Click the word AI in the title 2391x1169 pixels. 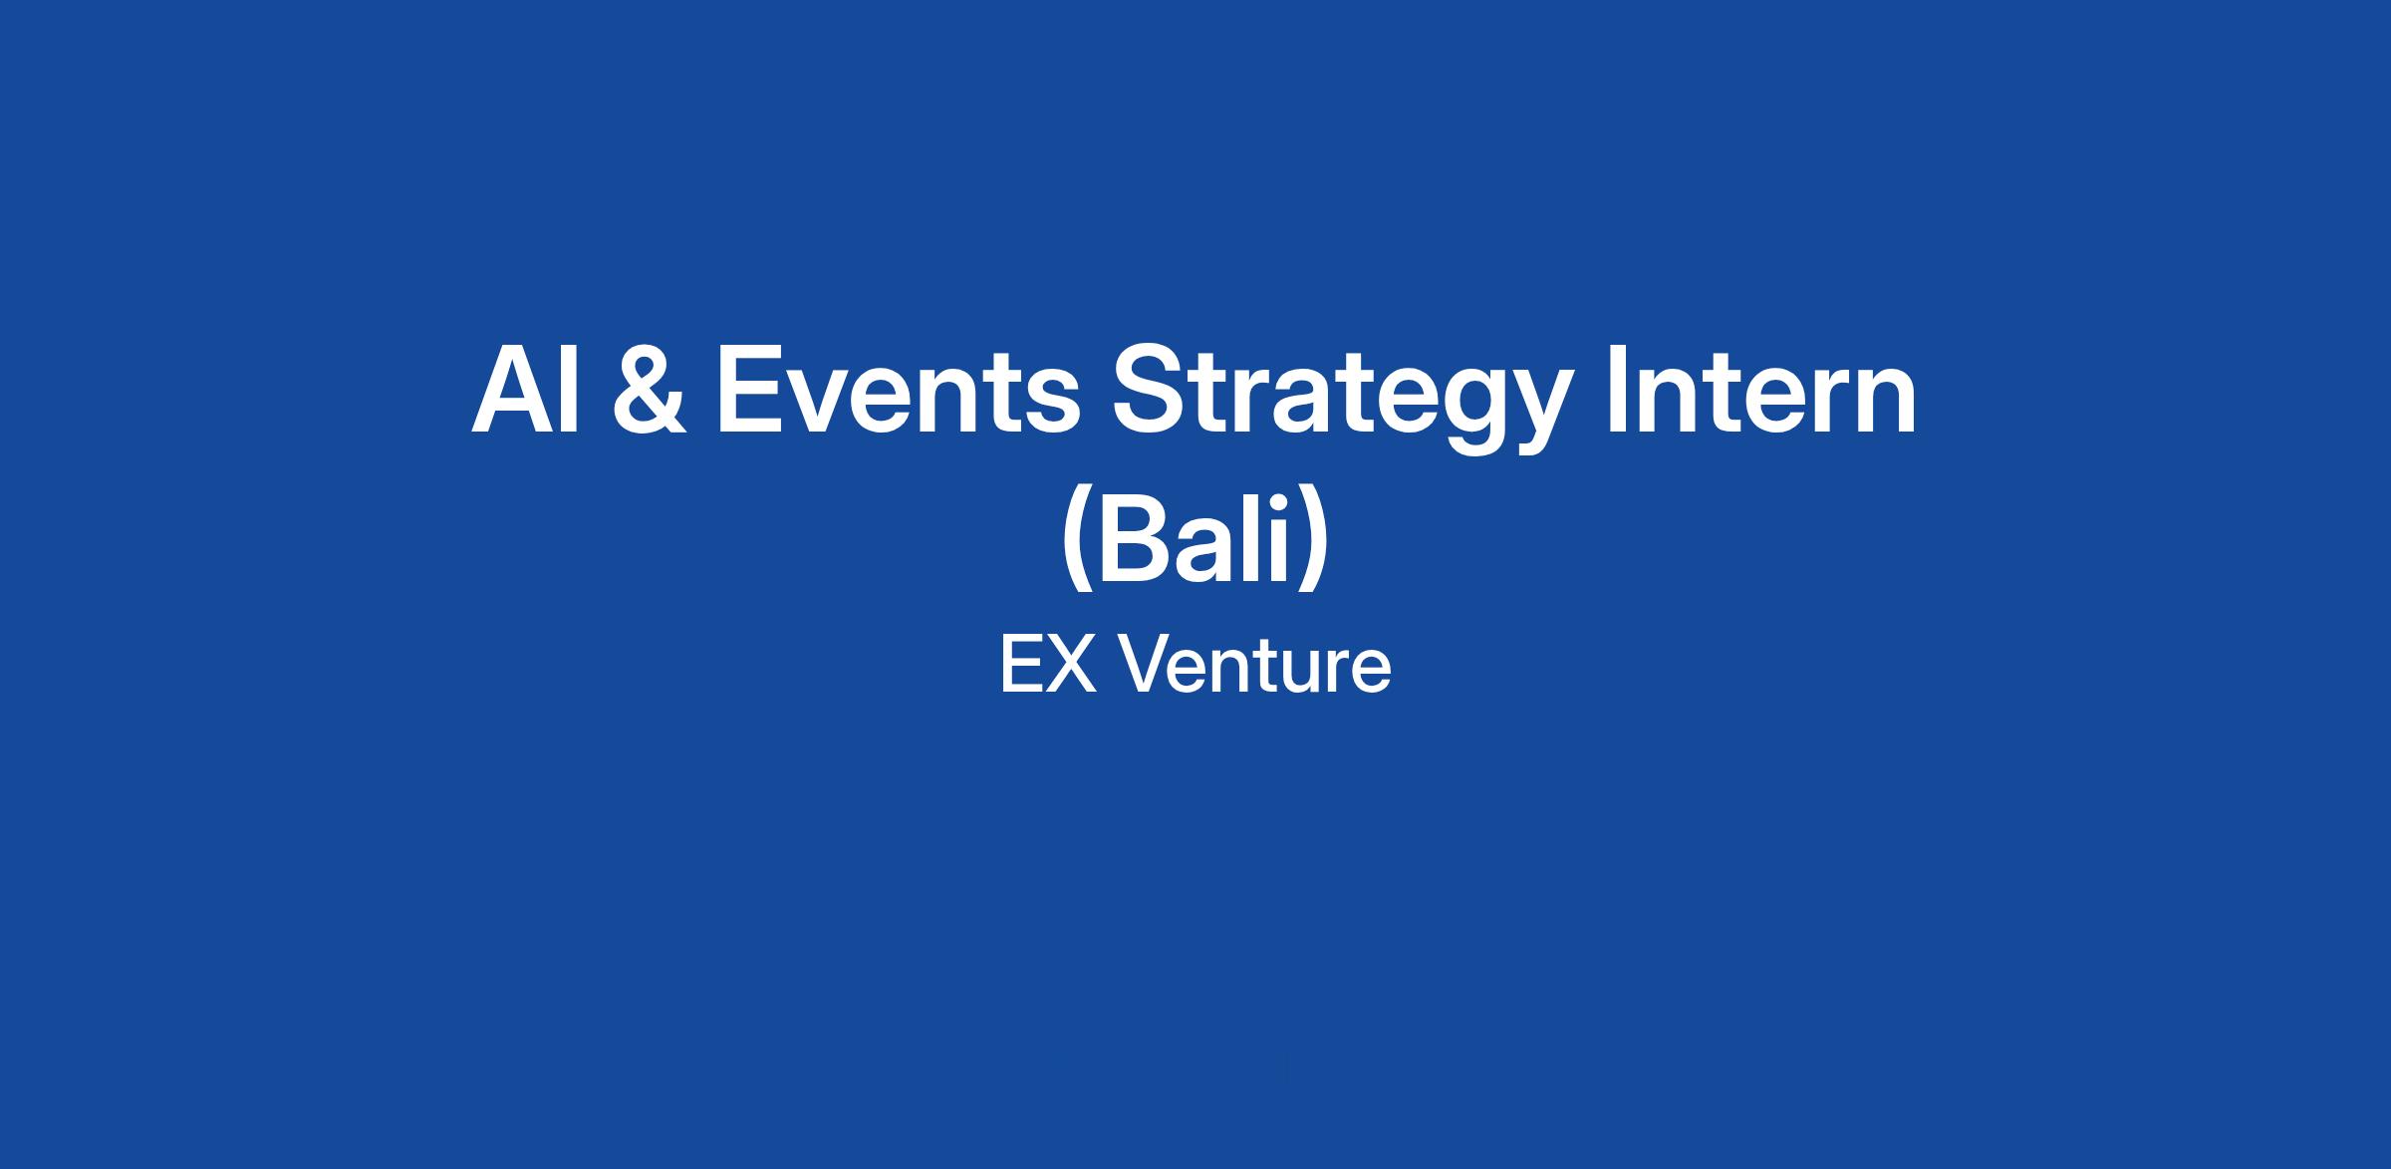coord(525,391)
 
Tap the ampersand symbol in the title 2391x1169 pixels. coord(650,391)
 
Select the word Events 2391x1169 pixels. coord(898,391)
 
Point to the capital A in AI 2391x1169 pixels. coord(512,391)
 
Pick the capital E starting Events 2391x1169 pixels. coord(750,391)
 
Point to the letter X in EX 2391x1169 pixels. coord(1071,665)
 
